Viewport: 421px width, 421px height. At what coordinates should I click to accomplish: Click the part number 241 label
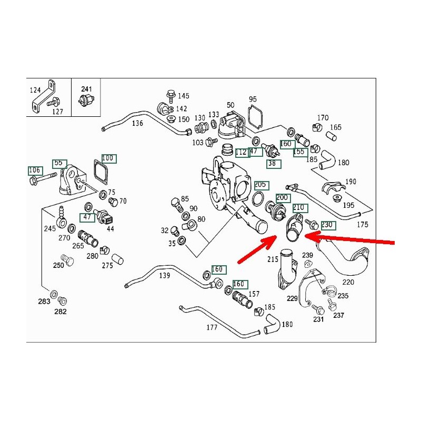(x=86, y=89)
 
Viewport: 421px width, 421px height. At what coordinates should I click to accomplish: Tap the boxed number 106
(x=35, y=170)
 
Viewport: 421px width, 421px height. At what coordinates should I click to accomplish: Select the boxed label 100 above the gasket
(x=107, y=158)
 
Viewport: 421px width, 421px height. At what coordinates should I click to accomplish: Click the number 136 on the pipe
(x=137, y=123)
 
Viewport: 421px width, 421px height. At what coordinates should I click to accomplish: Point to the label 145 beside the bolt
(x=183, y=96)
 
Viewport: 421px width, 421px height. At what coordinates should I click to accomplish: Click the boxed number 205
(x=260, y=185)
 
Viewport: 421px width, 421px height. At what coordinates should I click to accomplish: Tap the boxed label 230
(x=327, y=225)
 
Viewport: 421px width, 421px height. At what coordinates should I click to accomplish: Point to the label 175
(x=363, y=225)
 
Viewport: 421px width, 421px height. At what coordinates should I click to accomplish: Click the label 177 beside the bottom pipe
(x=212, y=327)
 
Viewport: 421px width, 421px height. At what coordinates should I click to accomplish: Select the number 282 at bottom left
(x=61, y=312)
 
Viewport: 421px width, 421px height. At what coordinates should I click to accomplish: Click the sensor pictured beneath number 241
(x=86, y=102)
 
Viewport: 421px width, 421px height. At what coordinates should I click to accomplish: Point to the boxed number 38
(x=272, y=164)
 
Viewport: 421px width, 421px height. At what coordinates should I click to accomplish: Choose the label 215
(x=273, y=259)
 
